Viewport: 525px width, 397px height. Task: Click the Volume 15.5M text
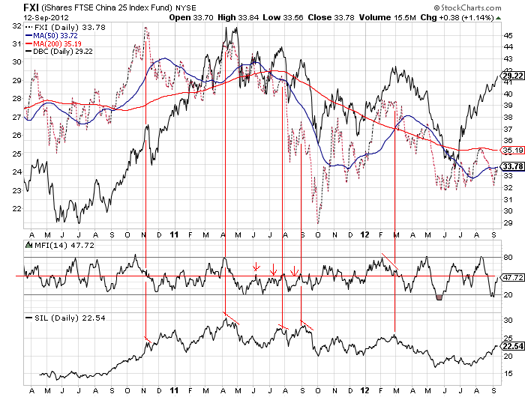coord(393,16)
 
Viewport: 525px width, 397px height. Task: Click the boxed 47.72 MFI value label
coord(512,277)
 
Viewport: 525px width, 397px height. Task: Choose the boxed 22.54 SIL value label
coord(512,347)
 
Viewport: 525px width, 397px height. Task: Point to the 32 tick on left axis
coord(15,25)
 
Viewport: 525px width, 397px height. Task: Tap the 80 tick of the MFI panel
coord(506,258)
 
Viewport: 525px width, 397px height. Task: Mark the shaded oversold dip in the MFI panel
coord(439,297)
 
